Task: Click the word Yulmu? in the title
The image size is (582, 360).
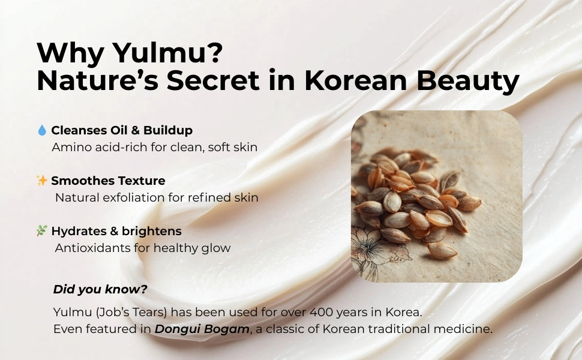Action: click(167, 53)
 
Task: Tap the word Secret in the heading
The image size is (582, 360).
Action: click(212, 80)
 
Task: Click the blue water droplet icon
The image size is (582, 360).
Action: click(42, 130)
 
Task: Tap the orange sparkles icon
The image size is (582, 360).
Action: click(42, 181)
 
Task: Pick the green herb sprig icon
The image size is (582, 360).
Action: click(42, 230)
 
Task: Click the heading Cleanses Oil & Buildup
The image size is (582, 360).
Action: click(122, 130)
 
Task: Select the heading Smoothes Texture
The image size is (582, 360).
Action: click(108, 181)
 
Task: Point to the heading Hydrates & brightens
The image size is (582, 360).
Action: click(116, 231)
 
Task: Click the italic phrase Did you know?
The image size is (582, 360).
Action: click(100, 289)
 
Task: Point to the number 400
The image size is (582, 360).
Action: click(322, 312)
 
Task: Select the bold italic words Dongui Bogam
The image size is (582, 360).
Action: click(202, 329)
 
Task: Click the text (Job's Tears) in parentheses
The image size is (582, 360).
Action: click(131, 312)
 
